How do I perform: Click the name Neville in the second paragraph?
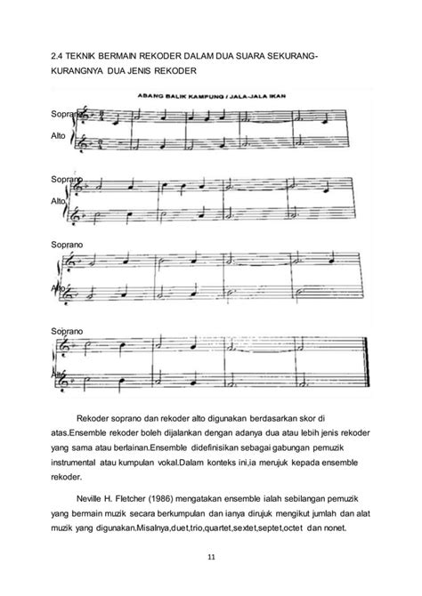pos(92,501)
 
